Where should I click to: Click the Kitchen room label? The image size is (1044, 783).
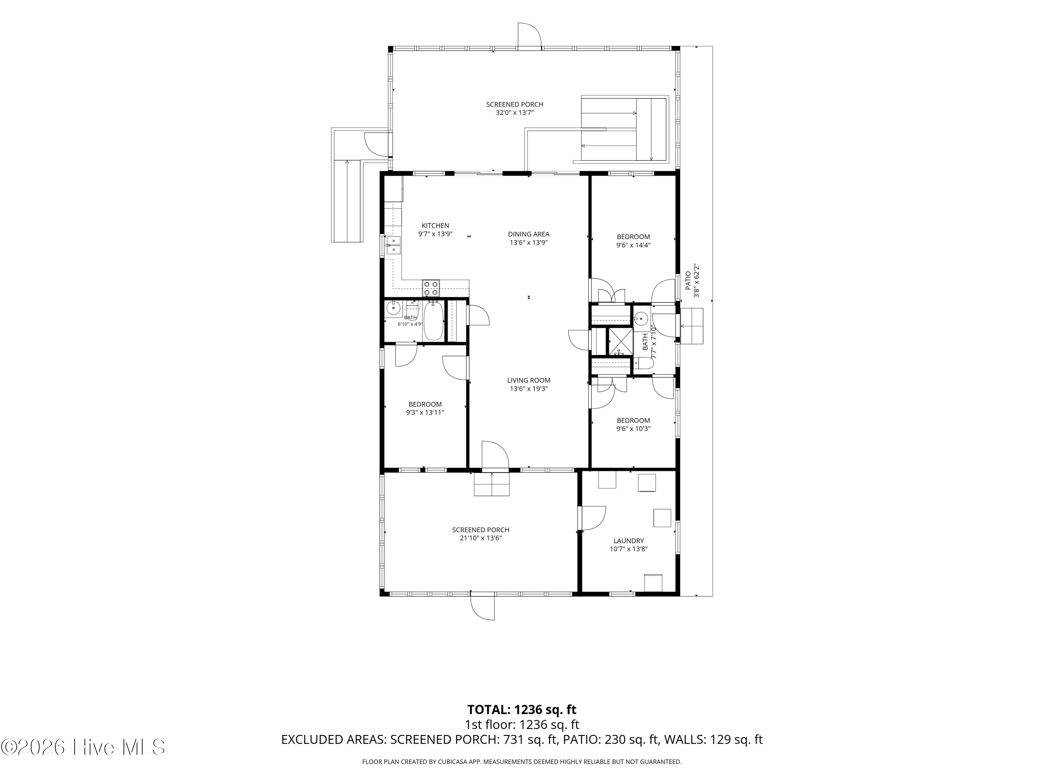tap(435, 226)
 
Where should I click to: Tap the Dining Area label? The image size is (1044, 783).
tap(529, 234)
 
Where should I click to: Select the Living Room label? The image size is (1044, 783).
tap(529, 380)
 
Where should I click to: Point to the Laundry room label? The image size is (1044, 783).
tap(629, 541)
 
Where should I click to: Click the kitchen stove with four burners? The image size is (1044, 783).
tap(431, 288)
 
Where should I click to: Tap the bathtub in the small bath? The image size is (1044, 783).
tap(433, 321)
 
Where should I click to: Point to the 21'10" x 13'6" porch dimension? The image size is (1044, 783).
tap(481, 538)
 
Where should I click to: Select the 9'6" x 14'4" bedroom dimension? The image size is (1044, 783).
tap(633, 245)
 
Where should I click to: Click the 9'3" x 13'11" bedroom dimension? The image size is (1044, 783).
tap(425, 412)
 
